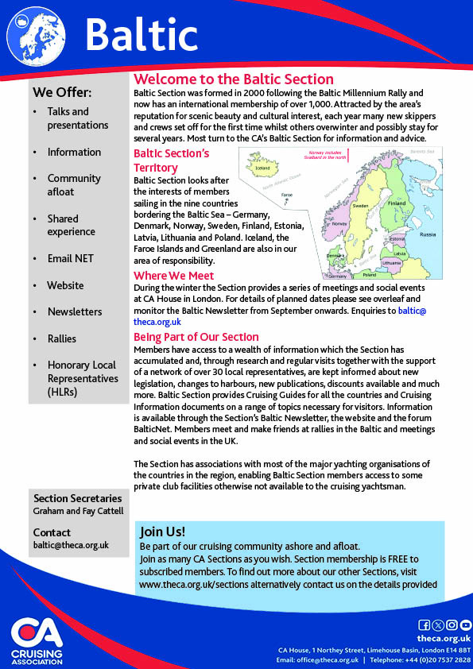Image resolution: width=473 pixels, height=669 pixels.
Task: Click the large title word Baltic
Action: (x=141, y=35)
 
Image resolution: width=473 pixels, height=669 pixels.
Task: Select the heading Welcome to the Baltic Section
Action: (x=234, y=79)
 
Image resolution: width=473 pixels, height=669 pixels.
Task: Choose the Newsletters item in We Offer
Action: (x=75, y=311)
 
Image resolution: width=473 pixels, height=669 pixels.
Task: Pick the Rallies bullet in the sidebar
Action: (x=62, y=338)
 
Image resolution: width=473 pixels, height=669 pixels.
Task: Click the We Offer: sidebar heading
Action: (x=62, y=92)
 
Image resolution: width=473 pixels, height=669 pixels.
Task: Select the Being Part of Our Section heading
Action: (x=196, y=337)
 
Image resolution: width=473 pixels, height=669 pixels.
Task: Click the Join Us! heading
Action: (x=162, y=532)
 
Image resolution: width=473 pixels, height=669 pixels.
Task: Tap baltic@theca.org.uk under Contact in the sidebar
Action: (x=71, y=545)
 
